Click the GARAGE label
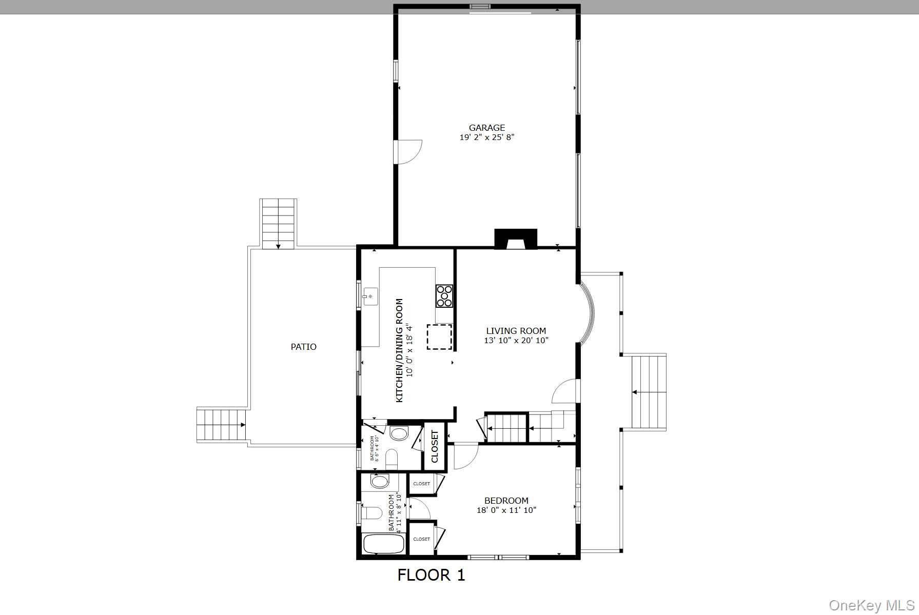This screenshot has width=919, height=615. pyautogui.click(x=486, y=128)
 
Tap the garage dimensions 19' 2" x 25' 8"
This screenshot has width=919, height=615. pyautogui.click(x=486, y=137)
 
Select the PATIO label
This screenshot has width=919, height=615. pyautogui.click(x=303, y=347)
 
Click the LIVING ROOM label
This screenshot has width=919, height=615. pyautogui.click(x=516, y=331)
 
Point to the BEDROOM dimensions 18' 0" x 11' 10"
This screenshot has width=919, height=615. pyautogui.click(x=506, y=510)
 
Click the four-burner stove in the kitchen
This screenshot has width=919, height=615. pyautogui.click(x=444, y=296)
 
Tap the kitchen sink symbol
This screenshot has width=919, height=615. pyautogui.click(x=370, y=296)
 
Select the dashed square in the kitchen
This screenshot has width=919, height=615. pyautogui.click(x=440, y=337)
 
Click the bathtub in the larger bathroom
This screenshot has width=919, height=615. pyautogui.click(x=383, y=544)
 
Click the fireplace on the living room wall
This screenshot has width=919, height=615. pyautogui.click(x=515, y=240)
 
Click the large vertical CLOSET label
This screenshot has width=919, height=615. pyautogui.click(x=435, y=446)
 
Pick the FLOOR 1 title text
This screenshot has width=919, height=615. pyautogui.click(x=431, y=575)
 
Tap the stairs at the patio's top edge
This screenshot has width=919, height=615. pyautogui.click(x=278, y=224)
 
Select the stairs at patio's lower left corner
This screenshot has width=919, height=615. pyautogui.click(x=221, y=425)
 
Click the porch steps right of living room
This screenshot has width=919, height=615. pyautogui.click(x=649, y=392)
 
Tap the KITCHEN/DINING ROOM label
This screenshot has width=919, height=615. pyautogui.click(x=399, y=350)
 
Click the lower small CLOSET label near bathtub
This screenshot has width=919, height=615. pyautogui.click(x=421, y=539)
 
